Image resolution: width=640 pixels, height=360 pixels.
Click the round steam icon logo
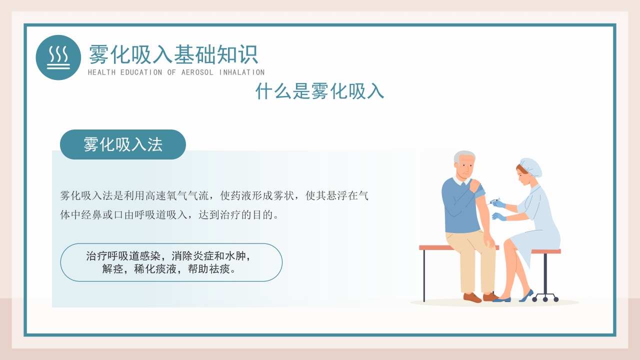58,57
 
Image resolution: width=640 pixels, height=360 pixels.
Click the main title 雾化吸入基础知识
173,54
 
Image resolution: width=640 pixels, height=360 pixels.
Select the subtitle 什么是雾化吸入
319,91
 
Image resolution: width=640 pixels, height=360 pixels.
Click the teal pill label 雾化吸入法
123,144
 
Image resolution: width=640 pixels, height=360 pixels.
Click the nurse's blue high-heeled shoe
526,296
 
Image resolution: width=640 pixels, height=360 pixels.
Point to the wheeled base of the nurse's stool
545,298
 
